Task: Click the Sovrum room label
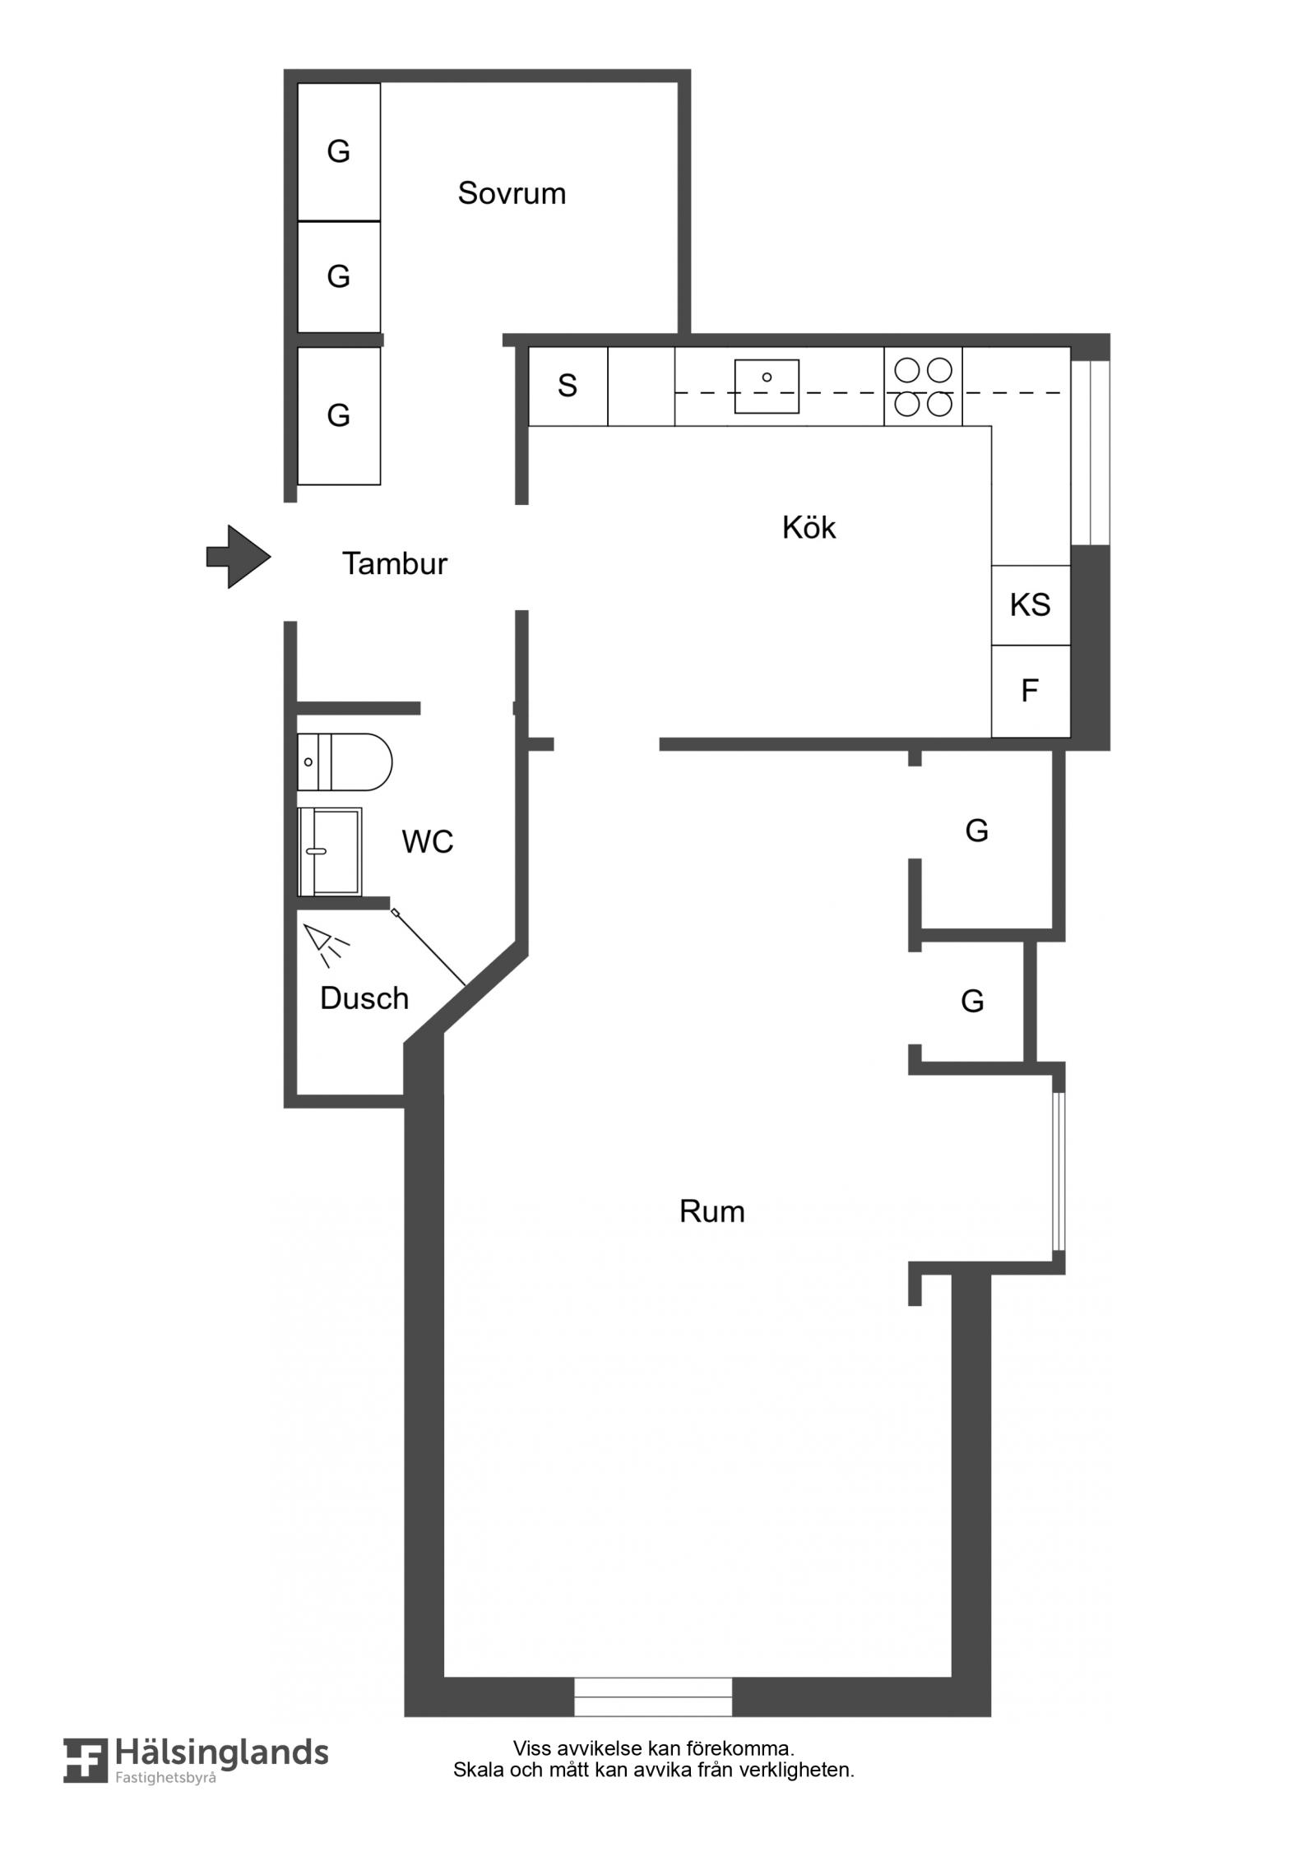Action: (x=512, y=193)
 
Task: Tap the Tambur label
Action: (x=395, y=563)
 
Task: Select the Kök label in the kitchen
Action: (x=809, y=527)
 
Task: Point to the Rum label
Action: (x=712, y=1211)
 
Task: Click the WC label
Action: (x=428, y=841)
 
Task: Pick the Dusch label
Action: (x=364, y=998)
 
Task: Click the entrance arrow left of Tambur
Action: (x=239, y=557)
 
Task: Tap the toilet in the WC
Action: (x=345, y=762)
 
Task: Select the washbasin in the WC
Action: (x=329, y=851)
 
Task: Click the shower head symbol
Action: (x=327, y=944)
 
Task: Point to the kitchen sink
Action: (x=767, y=386)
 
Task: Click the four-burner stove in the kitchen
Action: (x=923, y=387)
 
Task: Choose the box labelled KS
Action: (x=1031, y=605)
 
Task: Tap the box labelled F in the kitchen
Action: (x=1031, y=691)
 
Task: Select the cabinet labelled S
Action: (x=568, y=387)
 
